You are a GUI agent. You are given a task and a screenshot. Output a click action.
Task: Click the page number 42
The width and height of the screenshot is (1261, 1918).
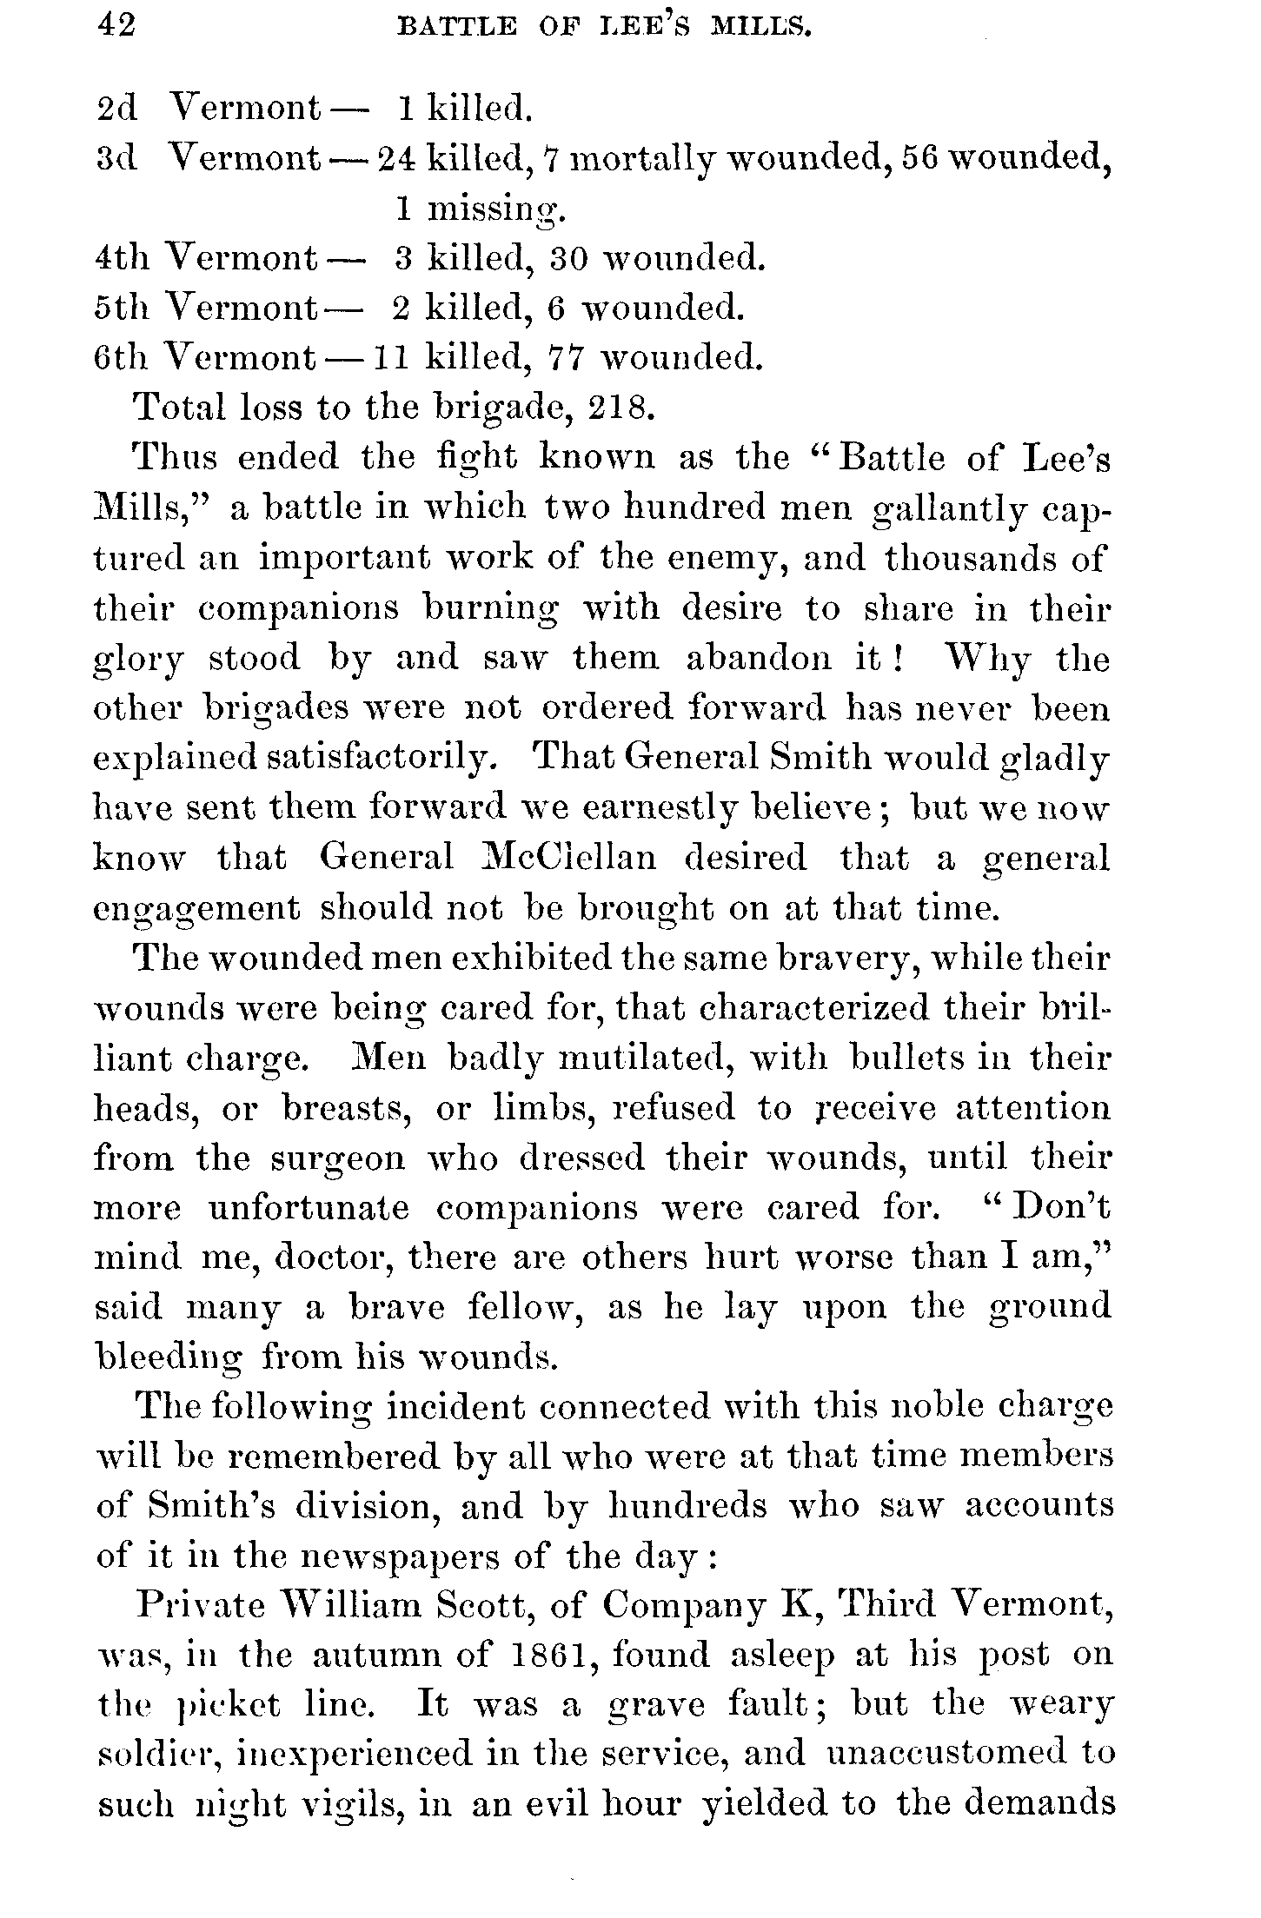pos(116,29)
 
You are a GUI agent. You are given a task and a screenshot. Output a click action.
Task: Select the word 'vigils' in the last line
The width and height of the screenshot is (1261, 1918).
pos(349,1806)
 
